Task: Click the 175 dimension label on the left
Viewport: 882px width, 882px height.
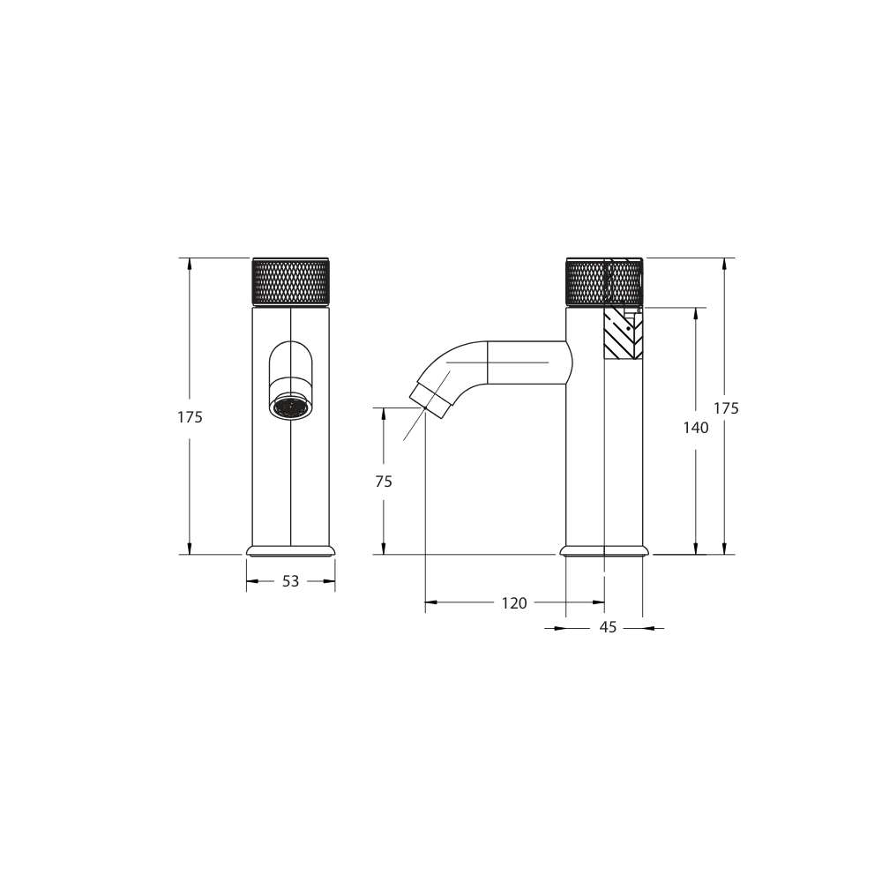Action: tap(190, 417)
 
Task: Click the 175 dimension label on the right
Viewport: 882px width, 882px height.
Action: tap(725, 408)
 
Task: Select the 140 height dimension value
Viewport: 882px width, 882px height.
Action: tap(696, 428)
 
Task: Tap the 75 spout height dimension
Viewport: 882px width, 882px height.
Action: tap(383, 482)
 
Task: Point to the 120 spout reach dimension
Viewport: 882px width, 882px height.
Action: tap(513, 603)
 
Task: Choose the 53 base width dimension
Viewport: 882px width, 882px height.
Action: tap(290, 581)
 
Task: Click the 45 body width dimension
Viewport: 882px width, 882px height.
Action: tap(608, 628)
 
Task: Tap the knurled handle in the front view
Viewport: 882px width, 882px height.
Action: tap(291, 281)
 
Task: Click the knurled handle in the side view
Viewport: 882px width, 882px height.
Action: tap(603, 281)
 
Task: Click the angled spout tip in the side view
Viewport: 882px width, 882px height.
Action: tap(431, 394)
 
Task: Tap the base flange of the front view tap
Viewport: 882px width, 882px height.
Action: tap(291, 550)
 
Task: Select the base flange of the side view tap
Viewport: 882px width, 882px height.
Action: tap(604, 550)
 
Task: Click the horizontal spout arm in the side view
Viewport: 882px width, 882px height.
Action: tap(526, 363)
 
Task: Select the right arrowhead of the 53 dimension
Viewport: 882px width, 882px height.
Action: tap(330, 581)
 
